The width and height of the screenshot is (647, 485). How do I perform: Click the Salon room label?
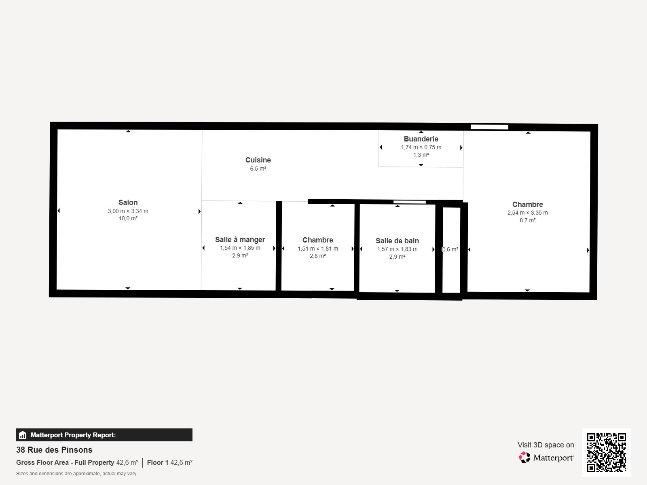[128, 202]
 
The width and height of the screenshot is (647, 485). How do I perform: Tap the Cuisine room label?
[258, 160]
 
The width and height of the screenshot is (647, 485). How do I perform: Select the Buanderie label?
[421, 139]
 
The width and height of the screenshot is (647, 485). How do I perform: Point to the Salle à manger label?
[240, 239]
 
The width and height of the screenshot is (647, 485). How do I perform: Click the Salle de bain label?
[397, 240]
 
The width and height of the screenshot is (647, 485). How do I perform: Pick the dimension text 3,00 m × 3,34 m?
[128, 211]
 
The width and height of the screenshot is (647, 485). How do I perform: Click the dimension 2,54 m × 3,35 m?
[528, 213]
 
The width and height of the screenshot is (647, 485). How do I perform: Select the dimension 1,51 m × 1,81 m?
[318, 249]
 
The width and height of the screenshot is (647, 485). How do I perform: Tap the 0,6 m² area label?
[450, 249]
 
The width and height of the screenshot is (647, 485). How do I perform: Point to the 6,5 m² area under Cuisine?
[258, 169]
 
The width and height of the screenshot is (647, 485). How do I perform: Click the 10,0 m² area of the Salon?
[128, 218]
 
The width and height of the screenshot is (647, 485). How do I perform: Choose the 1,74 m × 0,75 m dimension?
[421, 147]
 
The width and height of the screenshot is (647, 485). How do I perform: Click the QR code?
[606, 453]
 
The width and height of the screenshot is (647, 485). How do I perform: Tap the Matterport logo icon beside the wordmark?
[524, 458]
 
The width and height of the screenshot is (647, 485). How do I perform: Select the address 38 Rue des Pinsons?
[54, 450]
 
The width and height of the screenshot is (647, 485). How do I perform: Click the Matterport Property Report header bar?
[104, 435]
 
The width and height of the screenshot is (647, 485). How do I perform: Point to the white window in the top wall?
[489, 127]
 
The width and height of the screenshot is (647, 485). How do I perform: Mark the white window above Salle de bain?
[409, 202]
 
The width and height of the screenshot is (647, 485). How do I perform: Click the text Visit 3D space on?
[546, 445]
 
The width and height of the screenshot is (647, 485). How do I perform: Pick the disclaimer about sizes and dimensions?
[76, 474]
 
